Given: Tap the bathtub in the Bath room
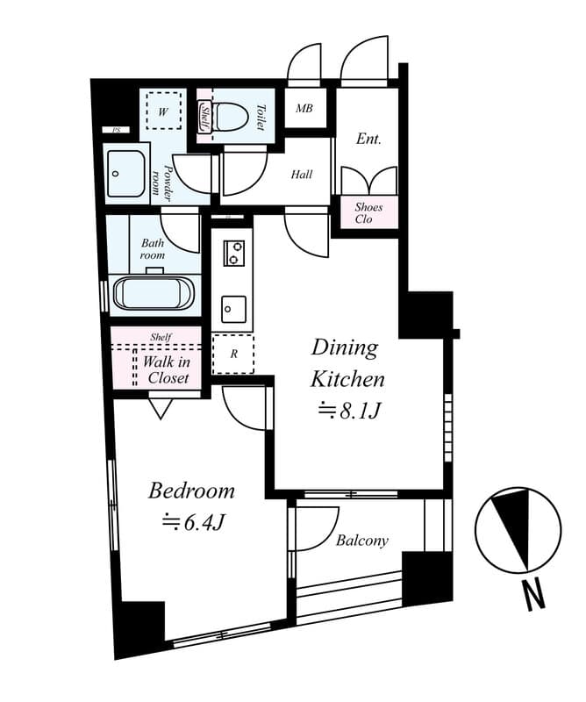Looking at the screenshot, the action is [x=154, y=293].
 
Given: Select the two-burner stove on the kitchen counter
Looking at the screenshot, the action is [x=233, y=253].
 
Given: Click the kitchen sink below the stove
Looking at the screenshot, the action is [x=233, y=309].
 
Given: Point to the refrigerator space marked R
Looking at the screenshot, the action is [x=233, y=355].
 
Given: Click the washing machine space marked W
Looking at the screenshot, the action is [x=163, y=111].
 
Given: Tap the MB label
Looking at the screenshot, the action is [x=304, y=108].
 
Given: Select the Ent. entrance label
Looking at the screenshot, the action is [x=368, y=139].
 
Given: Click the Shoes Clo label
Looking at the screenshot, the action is [x=368, y=213].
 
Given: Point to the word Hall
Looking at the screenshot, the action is [x=302, y=174].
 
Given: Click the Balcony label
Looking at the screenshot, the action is [x=362, y=541].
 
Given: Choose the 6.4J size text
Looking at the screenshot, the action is [x=192, y=521].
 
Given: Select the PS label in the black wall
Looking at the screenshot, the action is [x=117, y=130].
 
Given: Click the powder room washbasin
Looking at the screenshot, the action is [x=125, y=173].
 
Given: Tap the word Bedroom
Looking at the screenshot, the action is [x=191, y=491].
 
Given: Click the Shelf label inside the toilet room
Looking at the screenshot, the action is [x=205, y=117].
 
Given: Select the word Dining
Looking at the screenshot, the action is [x=345, y=347].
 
